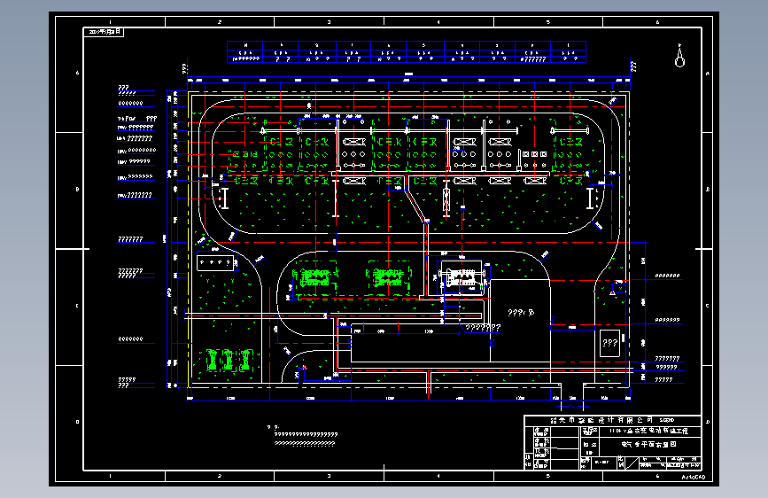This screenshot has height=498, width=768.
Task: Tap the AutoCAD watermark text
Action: pyautogui.click(x=694, y=477)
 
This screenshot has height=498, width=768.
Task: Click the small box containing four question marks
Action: pyautogui.click(x=213, y=263)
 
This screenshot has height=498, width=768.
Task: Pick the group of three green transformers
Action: pyautogui.click(x=229, y=359)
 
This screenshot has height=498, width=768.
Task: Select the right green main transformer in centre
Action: pyautogui.click(x=384, y=277)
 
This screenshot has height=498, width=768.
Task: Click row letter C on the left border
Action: pyautogui.click(x=78, y=307)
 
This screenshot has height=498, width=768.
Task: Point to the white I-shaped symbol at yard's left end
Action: pyautogui.click(x=226, y=198)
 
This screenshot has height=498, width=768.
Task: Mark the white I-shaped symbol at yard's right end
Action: pyautogui.click(x=591, y=198)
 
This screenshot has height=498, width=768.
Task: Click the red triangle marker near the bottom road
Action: pyautogui.click(x=304, y=367)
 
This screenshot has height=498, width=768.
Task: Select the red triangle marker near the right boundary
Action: pyautogui.click(x=611, y=290)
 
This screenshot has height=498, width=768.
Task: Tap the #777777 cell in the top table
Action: pyautogui.click(x=531, y=59)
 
